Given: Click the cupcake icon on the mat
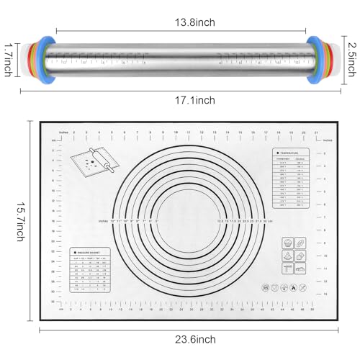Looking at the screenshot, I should tap(287, 243).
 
